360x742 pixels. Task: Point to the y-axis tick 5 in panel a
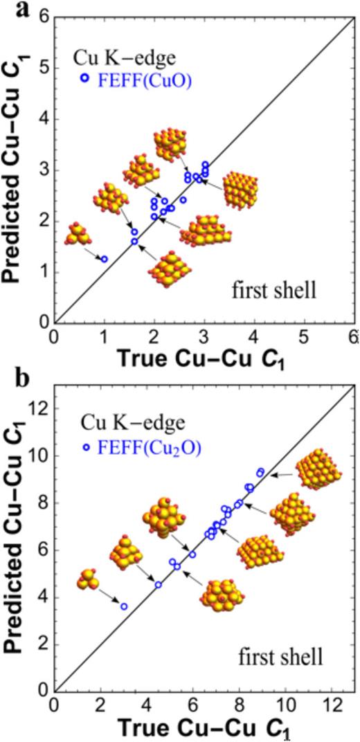coord(44,68)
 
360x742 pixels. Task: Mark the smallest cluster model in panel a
coord(78,235)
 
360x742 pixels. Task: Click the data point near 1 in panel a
coord(105,259)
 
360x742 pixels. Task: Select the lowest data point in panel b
coord(124,606)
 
